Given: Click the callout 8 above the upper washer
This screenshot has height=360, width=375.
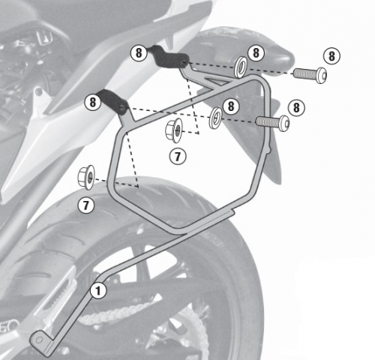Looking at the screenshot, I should (255, 52).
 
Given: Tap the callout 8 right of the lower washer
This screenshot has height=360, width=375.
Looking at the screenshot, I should (230, 106).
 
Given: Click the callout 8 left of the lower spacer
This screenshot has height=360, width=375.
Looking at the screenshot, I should (93, 100).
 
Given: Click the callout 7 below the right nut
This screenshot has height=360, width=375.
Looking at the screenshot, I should (177, 157).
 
